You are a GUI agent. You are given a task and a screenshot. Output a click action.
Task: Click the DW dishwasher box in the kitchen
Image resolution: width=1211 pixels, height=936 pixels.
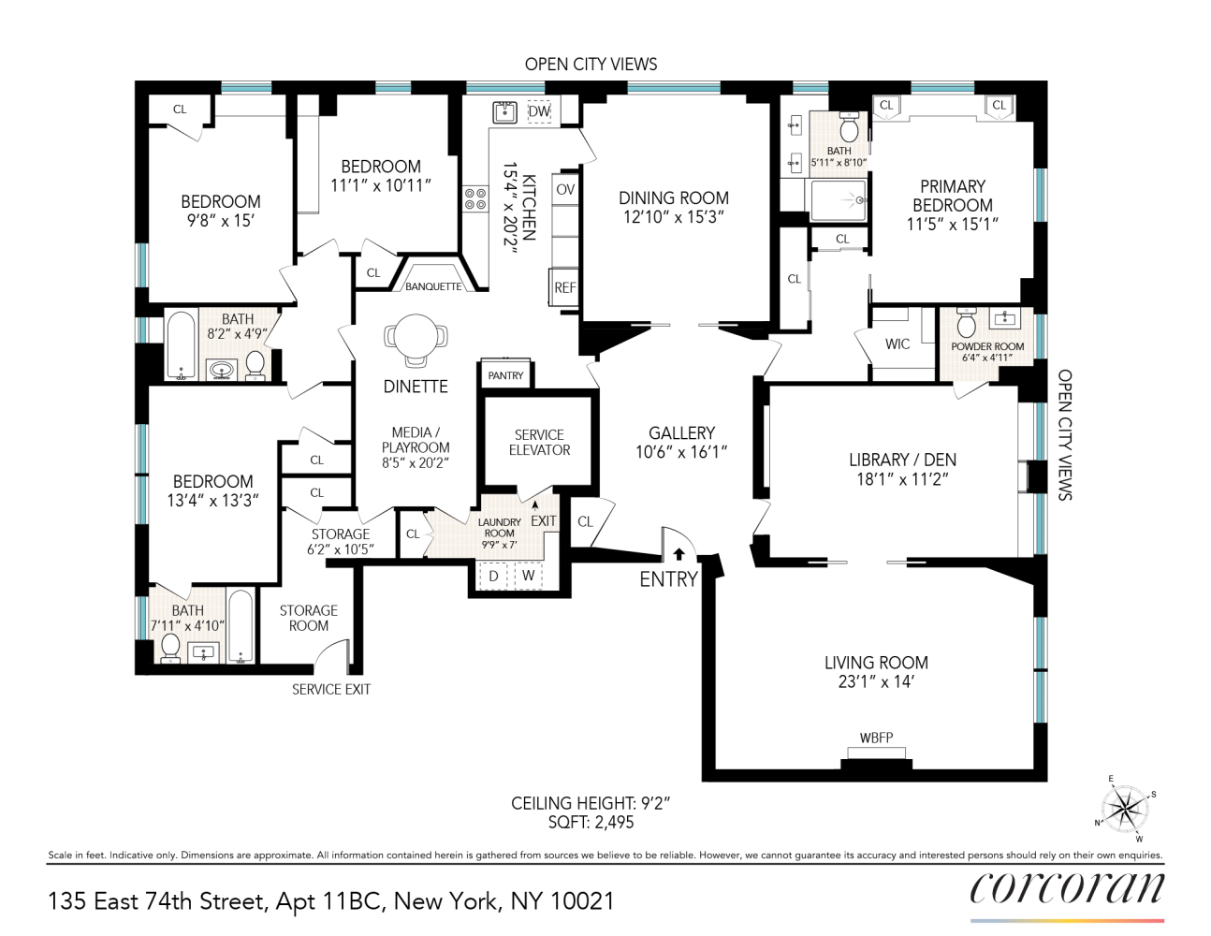tap(539, 111)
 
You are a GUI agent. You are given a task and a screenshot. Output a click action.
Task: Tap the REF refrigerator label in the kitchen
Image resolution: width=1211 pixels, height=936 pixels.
tap(564, 287)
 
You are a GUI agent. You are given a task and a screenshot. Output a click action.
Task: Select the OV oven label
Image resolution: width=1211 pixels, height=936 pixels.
tap(565, 189)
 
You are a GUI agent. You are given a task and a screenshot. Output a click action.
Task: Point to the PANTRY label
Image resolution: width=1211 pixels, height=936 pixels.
tap(505, 375)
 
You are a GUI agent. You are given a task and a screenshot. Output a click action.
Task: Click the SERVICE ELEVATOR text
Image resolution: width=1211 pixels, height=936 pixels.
tap(539, 442)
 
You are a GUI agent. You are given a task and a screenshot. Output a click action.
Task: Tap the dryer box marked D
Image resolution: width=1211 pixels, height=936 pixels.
tap(493, 576)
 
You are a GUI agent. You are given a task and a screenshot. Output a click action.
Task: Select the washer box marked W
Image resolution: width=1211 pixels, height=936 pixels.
tap(529, 576)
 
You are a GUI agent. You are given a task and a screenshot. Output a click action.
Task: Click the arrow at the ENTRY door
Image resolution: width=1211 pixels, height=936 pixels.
tap(678, 554)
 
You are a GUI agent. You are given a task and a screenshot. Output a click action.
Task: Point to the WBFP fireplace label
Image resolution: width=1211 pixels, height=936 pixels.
tap(876, 738)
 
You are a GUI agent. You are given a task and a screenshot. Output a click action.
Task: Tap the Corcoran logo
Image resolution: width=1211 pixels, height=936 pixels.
tap(1067, 887)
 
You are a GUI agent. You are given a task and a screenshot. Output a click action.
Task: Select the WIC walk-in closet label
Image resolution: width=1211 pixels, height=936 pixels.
tap(897, 344)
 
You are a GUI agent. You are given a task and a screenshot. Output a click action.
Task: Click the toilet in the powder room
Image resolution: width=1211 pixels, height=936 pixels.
tap(966, 325)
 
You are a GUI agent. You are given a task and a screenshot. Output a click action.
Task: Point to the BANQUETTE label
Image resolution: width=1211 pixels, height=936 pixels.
tap(433, 286)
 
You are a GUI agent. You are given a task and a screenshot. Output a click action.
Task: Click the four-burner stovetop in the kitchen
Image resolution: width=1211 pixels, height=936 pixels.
tap(475, 198)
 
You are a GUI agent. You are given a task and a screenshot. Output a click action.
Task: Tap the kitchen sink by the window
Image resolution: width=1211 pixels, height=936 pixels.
tap(505, 111)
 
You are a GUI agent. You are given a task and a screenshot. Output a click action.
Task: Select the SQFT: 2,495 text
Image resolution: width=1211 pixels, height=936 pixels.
tap(591, 823)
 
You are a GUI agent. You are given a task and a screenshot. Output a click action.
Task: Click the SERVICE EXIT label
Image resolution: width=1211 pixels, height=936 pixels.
tap(331, 689)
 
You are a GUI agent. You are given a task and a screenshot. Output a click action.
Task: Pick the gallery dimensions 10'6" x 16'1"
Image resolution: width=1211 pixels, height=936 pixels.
tap(681, 452)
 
